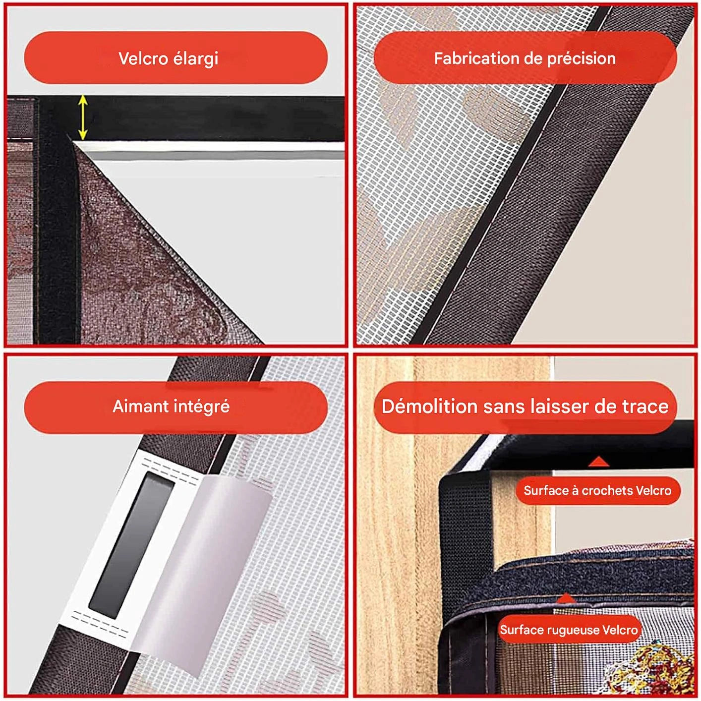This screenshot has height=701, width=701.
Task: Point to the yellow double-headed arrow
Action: (x=83, y=117)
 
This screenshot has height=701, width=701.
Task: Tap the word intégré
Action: (x=202, y=407)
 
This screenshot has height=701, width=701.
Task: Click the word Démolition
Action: (x=429, y=406)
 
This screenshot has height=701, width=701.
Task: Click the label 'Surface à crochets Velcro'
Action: (x=597, y=490)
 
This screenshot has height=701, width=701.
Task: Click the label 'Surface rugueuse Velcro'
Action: (x=569, y=630)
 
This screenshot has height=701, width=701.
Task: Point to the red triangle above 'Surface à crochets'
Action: (x=599, y=462)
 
